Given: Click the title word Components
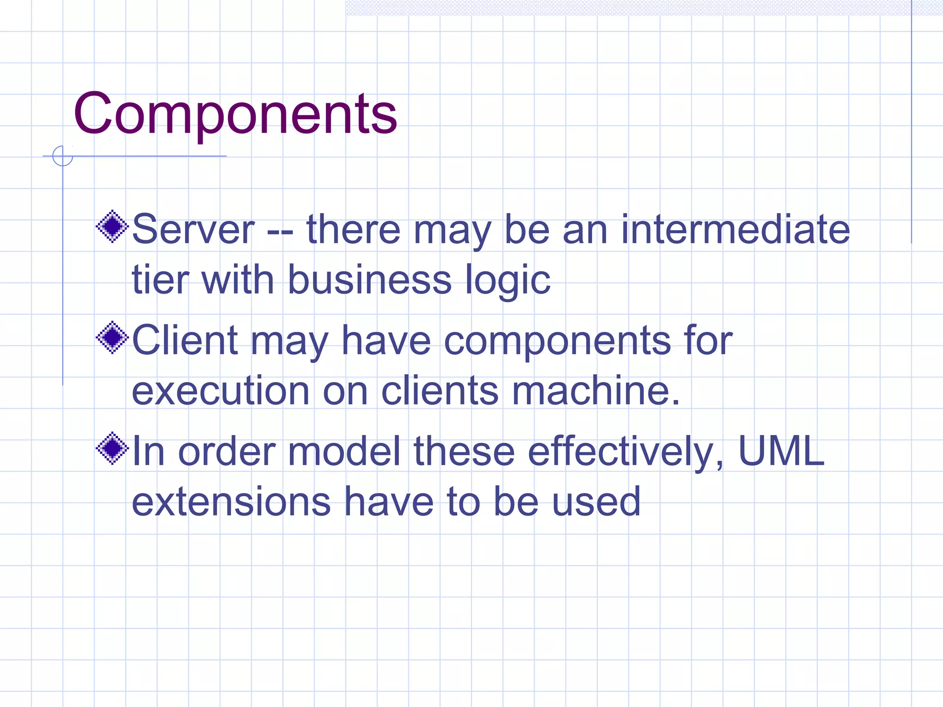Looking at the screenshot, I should tap(235, 114).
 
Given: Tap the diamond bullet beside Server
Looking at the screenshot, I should tap(112, 226).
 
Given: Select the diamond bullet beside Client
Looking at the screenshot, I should tap(112, 337).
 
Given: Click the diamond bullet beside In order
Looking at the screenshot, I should tap(112, 448).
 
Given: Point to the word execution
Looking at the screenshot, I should tap(221, 391).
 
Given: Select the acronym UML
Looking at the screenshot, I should tap(781, 451).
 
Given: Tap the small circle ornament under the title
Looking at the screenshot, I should tap(63, 156).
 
